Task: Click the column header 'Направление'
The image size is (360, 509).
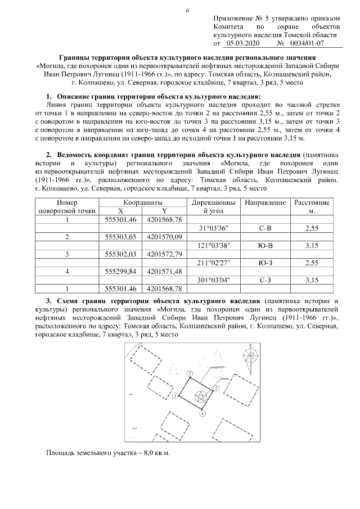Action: (265, 202)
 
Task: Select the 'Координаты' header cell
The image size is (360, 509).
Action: (143, 202)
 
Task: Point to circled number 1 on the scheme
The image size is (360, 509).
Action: (176, 396)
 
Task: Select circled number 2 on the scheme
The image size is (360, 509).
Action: (190, 373)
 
